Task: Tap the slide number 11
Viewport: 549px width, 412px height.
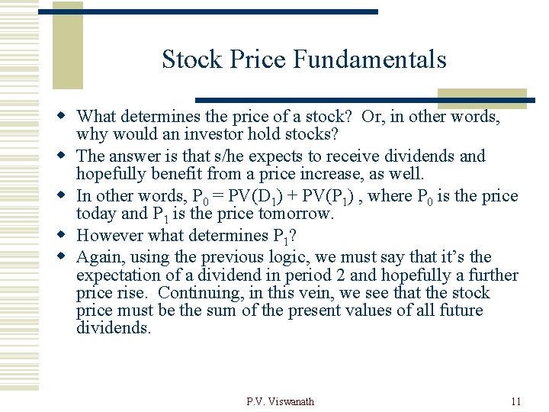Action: tap(516, 401)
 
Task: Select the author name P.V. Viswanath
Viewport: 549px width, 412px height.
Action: tap(280, 401)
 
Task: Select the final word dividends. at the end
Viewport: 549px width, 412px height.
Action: tap(114, 328)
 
